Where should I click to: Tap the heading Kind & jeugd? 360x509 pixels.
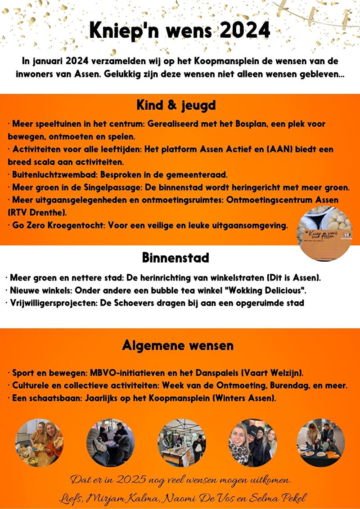176,105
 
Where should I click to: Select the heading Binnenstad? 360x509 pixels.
175,258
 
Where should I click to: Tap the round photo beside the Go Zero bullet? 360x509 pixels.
325,234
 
